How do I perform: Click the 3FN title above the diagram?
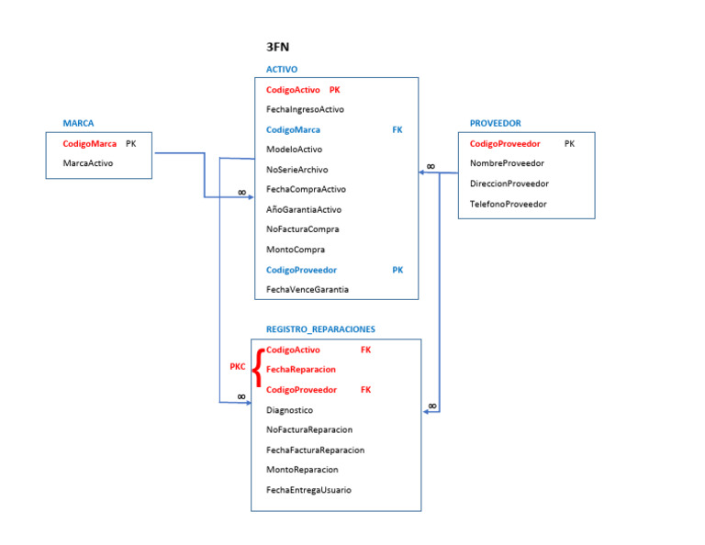(x=278, y=47)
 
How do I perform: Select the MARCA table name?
(x=78, y=123)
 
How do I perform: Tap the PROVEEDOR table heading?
(x=495, y=123)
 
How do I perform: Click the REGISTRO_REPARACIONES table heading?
(x=320, y=329)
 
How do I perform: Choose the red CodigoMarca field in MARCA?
(x=90, y=144)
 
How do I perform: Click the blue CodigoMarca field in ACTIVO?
(x=294, y=130)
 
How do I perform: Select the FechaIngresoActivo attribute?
(x=305, y=109)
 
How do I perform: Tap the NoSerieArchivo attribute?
(x=297, y=170)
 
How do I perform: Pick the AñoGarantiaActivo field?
(x=304, y=209)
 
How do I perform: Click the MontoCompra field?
(x=296, y=250)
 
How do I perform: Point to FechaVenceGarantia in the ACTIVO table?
(x=307, y=289)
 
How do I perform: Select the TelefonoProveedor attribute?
(x=508, y=204)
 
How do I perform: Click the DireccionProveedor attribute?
(x=509, y=184)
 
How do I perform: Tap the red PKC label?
(x=238, y=367)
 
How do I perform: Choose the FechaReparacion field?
(x=300, y=369)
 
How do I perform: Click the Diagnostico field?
(x=289, y=410)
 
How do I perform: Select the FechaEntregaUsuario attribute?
(x=308, y=490)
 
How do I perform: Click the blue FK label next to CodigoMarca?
(x=397, y=130)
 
